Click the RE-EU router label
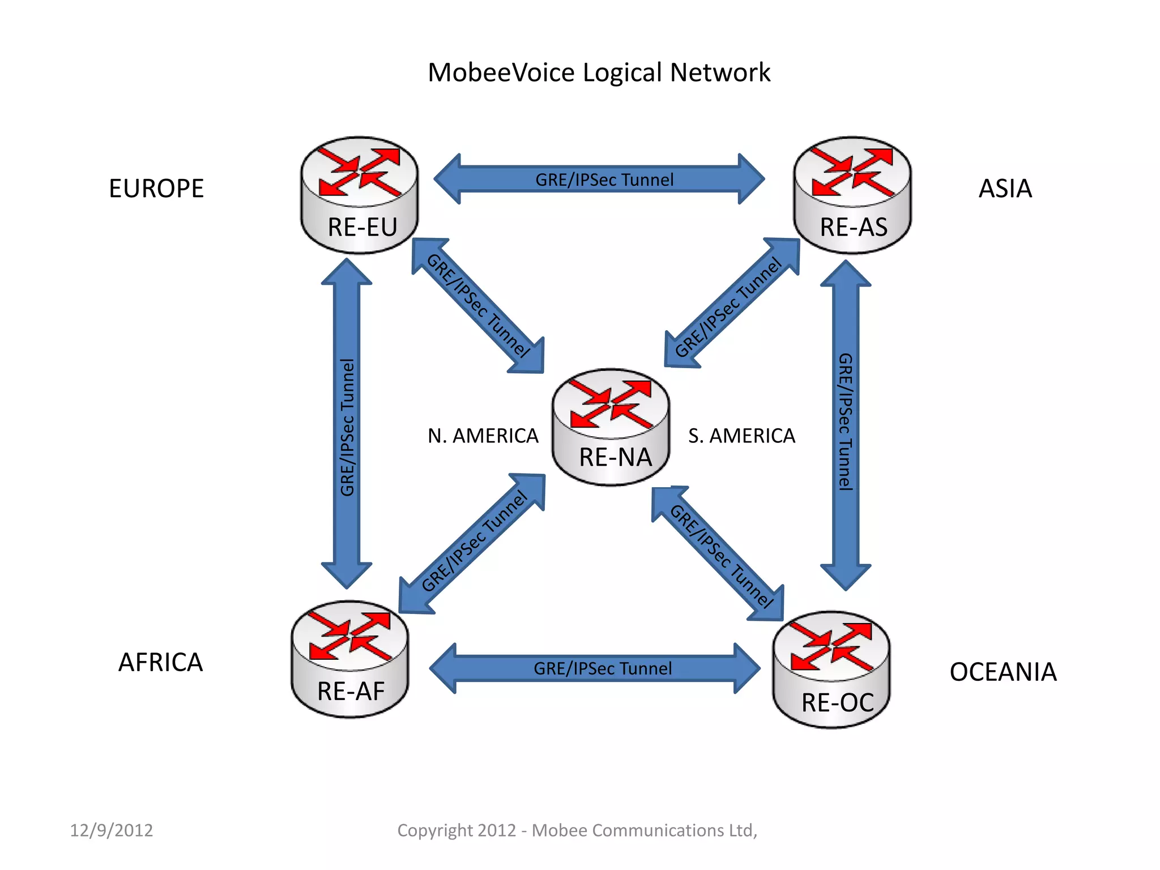click(362, 227)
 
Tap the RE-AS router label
click(854, 227)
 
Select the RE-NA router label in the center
click(615, 457)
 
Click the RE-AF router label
click(351, 692)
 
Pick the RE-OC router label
click(838, 703)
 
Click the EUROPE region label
click(156, 189)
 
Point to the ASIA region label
click(1005, 189)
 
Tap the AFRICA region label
click(160, 663)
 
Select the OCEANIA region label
click(1003, 672)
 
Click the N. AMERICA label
click(483, 436)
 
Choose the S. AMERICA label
click(741, 436)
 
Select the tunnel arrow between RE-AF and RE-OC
click(595, 668)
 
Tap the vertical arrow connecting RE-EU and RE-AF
click(347, 425)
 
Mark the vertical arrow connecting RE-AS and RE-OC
click(845, 425)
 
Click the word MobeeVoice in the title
click(501, 72)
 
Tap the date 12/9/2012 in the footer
click(112, 830)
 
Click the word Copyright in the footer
click(434, 830)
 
